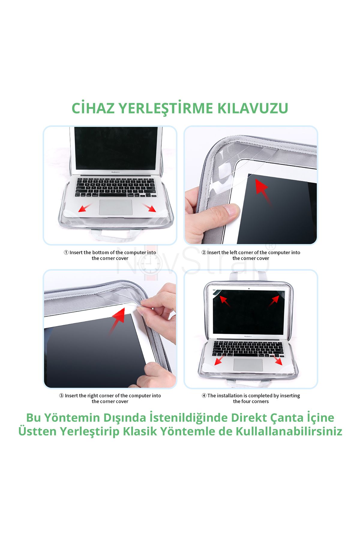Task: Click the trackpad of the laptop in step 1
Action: click(x=115, y=207)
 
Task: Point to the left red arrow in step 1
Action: click(x=85, y=207)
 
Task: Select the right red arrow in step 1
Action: click(x=149, y=207)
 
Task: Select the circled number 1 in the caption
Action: click(x=66, y=252)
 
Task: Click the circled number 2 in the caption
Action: click(x=204, y=252)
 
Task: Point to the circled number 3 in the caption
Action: click(x=61, y=396)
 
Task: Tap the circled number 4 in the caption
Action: click(x=204, y=396)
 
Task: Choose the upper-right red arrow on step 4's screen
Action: click(x=273, y=301)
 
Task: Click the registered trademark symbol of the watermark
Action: click(x=271, y=246)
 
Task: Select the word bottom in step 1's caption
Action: click(x=101, y=252)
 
